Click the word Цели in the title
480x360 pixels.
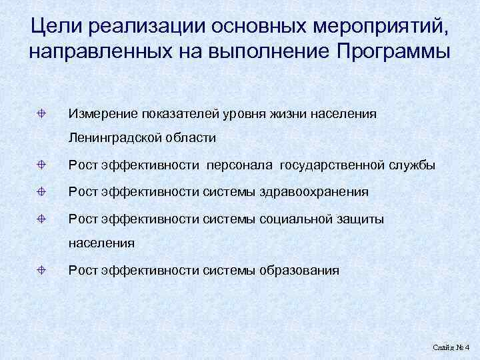[56, 26]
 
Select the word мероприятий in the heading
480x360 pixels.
[377, 26]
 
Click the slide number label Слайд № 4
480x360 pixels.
[451, 348]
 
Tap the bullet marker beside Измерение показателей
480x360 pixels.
[41, 113]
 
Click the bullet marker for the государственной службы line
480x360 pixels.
[41, 165]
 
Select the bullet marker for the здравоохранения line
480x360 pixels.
[41, 191]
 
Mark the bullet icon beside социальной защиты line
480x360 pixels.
[41, 218]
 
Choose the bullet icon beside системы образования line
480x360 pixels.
[41, 270]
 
